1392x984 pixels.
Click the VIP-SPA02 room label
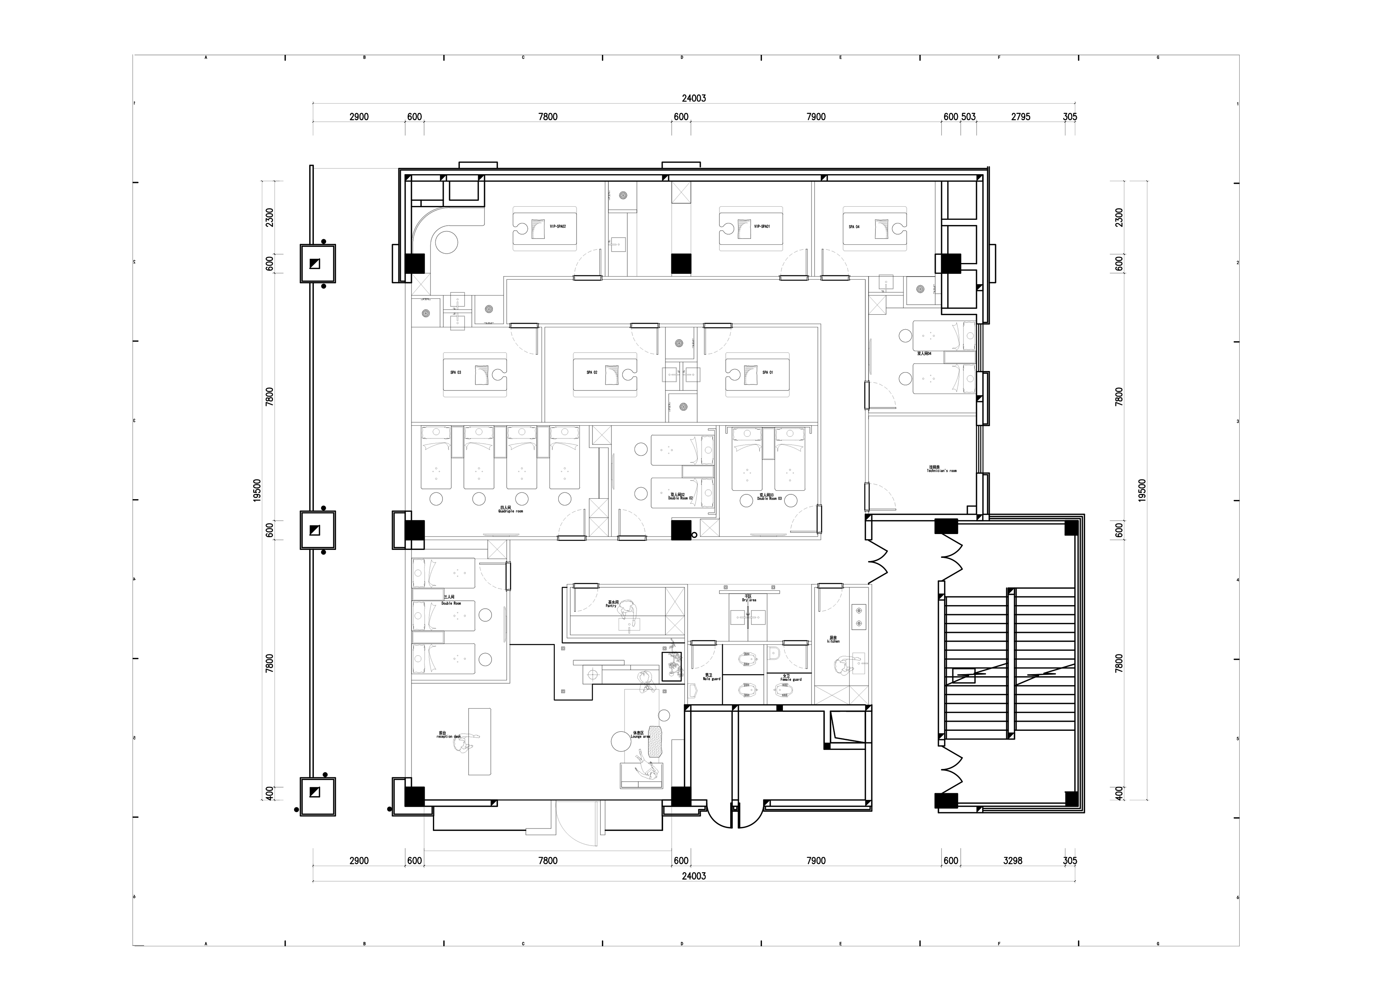[558, 227]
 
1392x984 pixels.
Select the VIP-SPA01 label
[762, 227]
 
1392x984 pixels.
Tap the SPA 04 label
[854, 227]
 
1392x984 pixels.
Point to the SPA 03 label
[455, 372]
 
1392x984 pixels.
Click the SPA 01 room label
[767, 372]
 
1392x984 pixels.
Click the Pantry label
[611, 605]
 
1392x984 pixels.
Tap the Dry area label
[749, 598]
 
